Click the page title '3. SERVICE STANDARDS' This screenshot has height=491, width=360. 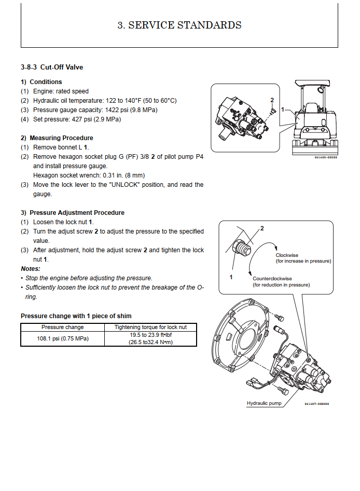tap(179, 25)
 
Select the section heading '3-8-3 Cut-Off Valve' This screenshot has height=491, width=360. tap(52, 67)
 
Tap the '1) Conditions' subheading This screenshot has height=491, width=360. tap(41, 81)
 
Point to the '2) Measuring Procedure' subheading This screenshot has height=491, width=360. tap(57, 138)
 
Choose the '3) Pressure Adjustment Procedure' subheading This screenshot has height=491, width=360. tap(73, 212)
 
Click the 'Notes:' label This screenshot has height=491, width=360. tap(31, 268)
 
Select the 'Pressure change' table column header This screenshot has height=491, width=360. tap(62, 327)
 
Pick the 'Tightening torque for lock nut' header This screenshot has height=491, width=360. tap(150, 327)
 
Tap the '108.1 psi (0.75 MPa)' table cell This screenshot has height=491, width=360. tap(62, 339)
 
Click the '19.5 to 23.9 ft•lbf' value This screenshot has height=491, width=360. tap(150, 335)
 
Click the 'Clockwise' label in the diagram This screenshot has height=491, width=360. tap(286, 255)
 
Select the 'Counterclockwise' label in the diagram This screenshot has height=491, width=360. tap(272, 279)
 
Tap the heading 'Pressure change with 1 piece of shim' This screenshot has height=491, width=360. tap(76, 316)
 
